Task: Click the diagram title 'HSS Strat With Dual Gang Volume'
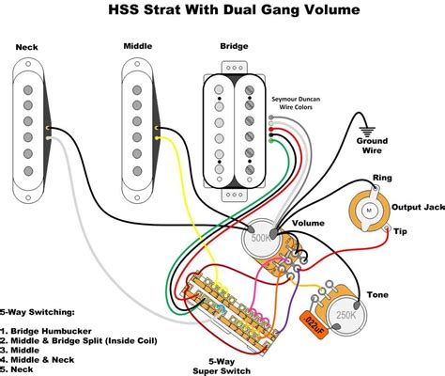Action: (222, 11)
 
